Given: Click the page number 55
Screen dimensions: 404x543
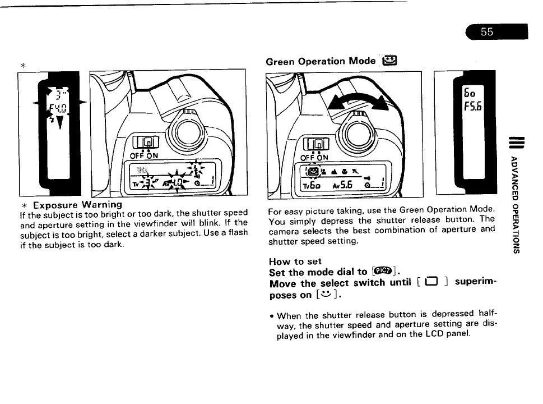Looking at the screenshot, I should (x=486, y=33).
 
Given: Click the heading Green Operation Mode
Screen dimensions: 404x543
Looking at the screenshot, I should (x=321, y=61).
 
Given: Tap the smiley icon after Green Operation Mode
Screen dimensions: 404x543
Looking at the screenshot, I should (x=388, y=61).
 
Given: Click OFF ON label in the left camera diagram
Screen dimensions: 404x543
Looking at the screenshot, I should (x=144, y=155).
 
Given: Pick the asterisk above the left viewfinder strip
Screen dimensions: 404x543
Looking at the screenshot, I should (x=24, y=65).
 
